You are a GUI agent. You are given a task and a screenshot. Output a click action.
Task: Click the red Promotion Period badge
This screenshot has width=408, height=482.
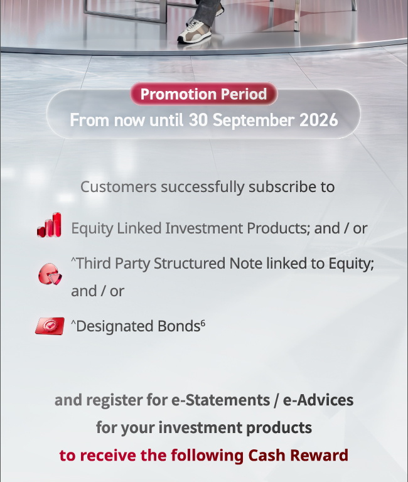pos(204,94)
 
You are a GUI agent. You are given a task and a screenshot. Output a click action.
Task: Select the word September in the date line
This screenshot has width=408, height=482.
pos(254,120)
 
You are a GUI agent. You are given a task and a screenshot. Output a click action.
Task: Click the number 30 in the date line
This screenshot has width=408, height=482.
pos(198,120)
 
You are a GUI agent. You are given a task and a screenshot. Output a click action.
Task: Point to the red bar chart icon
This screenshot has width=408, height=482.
pos(49,225)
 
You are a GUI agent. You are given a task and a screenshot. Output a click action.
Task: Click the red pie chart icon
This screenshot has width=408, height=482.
pos(50,274)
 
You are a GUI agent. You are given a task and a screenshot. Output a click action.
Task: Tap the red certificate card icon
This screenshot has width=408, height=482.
pos(50,326)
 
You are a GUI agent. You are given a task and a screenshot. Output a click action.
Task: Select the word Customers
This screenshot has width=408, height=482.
pos(119,187)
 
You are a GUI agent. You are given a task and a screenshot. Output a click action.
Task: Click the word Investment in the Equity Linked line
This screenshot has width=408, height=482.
pos(204,228)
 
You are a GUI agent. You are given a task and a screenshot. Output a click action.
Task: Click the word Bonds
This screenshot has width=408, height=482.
pos(179,326)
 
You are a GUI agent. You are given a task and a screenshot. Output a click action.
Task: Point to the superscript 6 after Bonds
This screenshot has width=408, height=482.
pos(203,323)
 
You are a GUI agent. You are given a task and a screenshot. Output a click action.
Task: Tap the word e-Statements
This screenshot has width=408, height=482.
pos(220,400)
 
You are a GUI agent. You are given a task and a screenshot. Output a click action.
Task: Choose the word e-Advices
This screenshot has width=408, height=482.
pos(318,400)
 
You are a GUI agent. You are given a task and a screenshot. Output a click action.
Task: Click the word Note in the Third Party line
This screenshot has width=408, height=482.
pos(246,264)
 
